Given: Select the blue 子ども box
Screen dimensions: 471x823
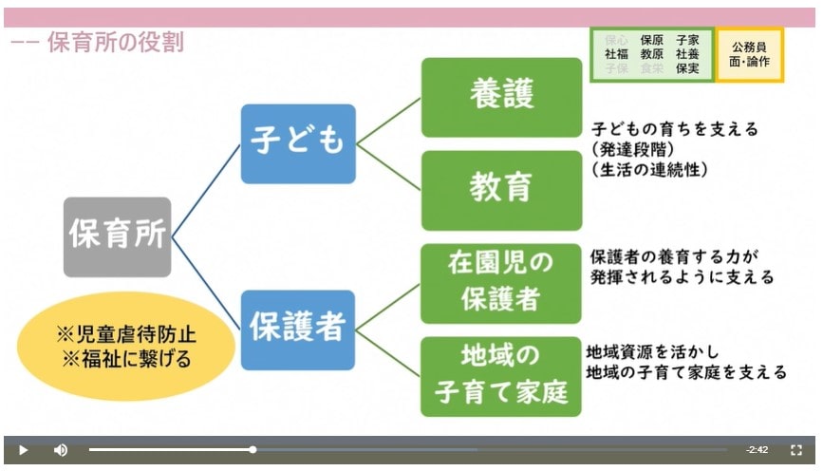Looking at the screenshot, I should tap(297, 142).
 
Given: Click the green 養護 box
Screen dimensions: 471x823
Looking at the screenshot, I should tap(501, 95).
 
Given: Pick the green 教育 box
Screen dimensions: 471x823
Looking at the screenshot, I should tap(501, 189).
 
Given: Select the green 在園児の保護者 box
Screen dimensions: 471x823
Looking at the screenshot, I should tap(500, 283).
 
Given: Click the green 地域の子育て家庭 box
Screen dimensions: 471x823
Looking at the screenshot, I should tap(500, 375).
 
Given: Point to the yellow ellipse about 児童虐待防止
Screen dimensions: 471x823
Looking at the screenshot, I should tap(125, 347).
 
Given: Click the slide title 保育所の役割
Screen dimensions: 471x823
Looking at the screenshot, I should tap(115, 42).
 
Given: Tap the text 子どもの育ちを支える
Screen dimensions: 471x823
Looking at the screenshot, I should tap(675, 129).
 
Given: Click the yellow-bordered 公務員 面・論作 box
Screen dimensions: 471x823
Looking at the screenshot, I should tap(749, 54).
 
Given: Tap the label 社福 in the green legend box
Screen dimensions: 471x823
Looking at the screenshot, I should tap(616, 54).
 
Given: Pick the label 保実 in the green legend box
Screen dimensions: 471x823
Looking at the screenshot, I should tap(687, 68).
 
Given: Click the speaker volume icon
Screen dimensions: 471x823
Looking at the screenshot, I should tap(61, 450).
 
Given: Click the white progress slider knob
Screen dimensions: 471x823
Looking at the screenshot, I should tap(253, 450).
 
